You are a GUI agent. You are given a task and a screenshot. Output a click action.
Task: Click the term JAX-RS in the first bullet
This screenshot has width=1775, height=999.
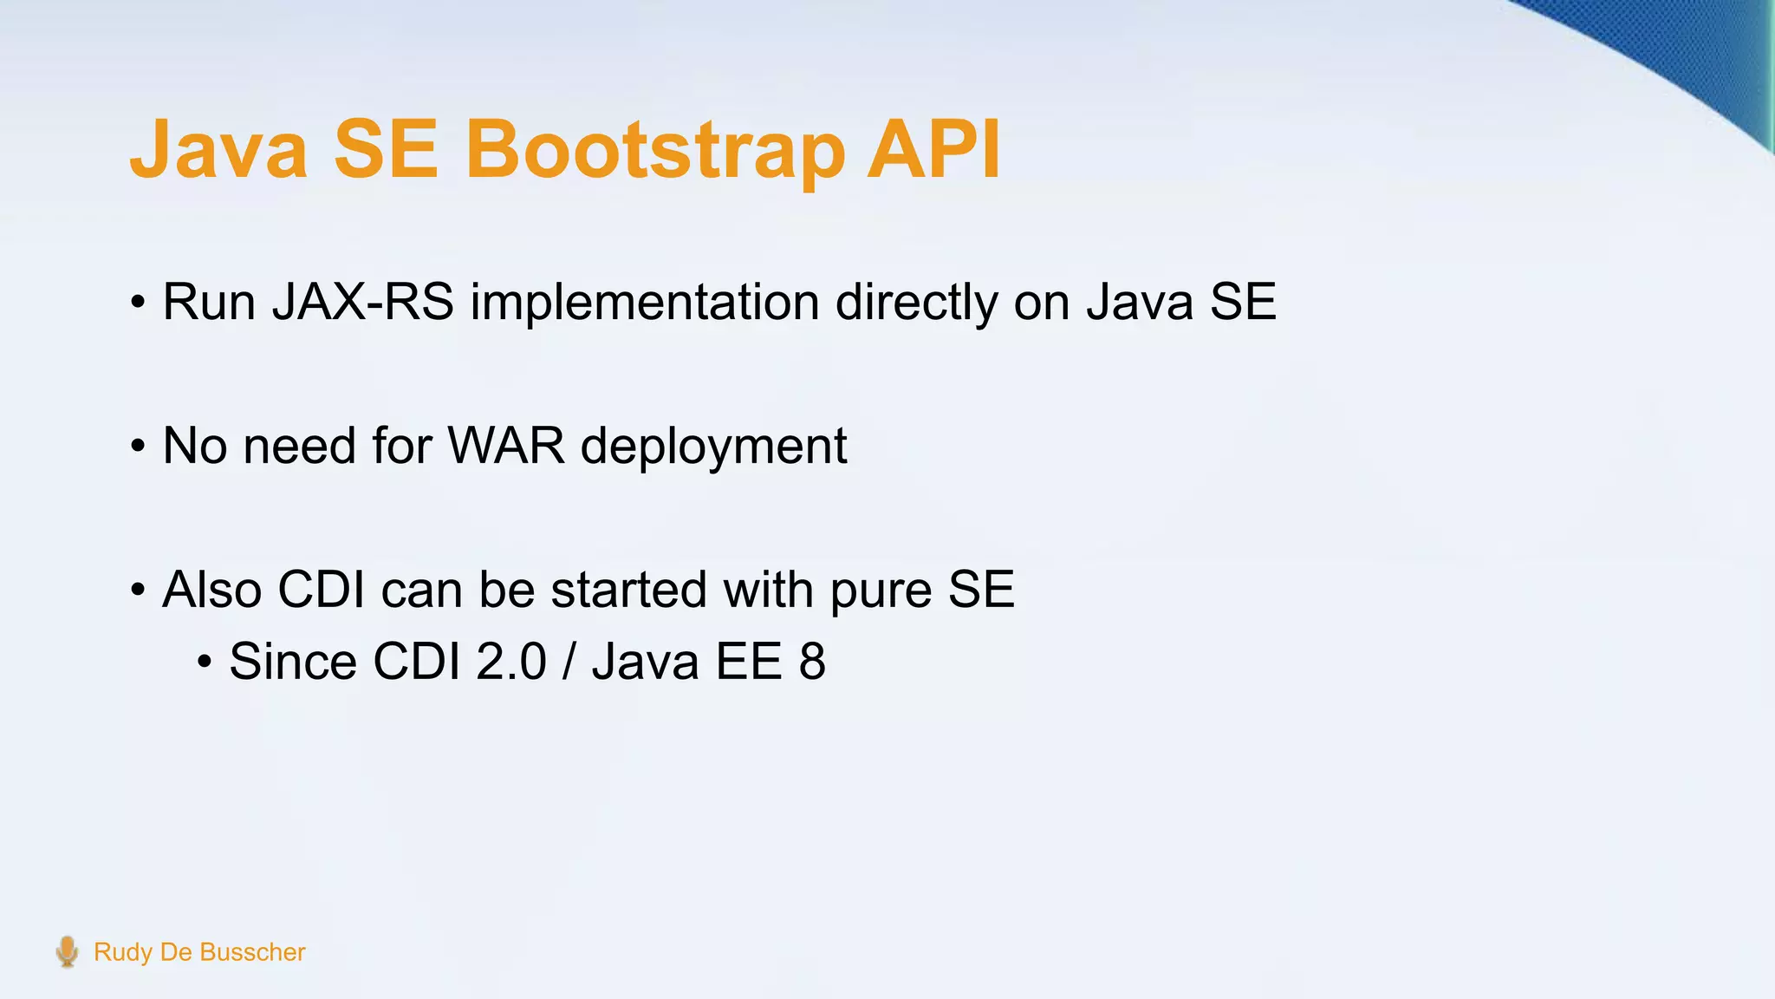(363, 303)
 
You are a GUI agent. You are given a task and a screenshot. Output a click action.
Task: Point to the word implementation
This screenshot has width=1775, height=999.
(645, 303)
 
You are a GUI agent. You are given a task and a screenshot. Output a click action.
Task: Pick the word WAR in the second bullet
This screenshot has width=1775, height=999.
(506, 447)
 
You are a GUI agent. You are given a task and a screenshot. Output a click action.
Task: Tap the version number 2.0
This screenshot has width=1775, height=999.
(511, 663)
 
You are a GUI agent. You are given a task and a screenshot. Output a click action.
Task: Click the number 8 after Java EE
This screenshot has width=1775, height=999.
(812, 663)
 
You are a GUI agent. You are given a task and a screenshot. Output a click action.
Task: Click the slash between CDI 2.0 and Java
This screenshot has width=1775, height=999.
(569, 663)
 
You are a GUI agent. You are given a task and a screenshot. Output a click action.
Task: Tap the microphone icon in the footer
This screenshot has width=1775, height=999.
(67, 951)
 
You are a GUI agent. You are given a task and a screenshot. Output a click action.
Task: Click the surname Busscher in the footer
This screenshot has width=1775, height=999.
(252, 952)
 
